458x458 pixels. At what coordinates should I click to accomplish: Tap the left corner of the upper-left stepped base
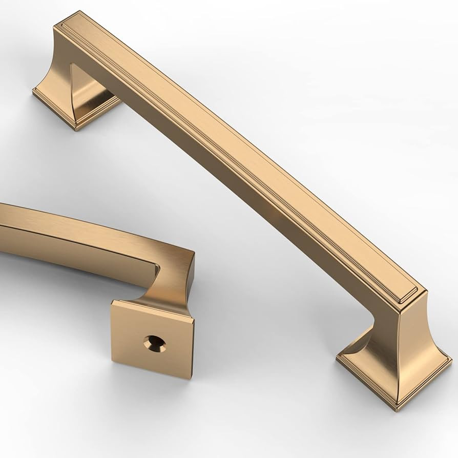pyautogui.click(x=34, y=92)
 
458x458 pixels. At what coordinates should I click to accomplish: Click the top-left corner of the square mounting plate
pyautogui.click(x=113, y=303)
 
